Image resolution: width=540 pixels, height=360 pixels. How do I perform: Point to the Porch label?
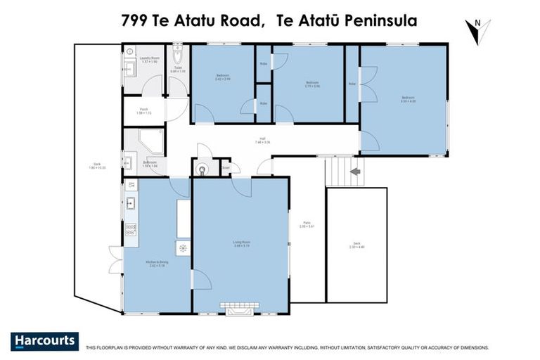(x=143, y=110)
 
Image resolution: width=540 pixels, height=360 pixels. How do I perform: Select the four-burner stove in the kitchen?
(x=131, y=230)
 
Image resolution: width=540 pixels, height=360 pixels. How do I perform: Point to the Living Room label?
(x=242, y=244)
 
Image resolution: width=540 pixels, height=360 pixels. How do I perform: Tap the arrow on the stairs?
(x=355, y=171)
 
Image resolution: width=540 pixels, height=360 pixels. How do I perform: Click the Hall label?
(x=262, y=139)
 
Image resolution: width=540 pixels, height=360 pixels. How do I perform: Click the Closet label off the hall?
(x=226, y=167)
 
